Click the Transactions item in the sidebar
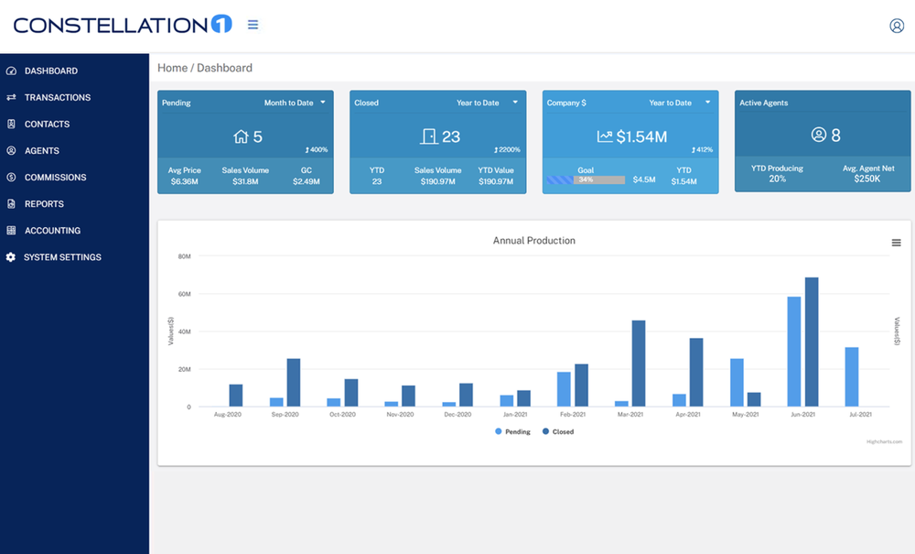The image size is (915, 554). (57, 97)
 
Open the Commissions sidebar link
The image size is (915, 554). (55, 177)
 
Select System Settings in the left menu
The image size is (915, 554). (62, 257)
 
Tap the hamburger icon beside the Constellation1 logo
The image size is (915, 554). (253, 25)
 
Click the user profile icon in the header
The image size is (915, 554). (897, 26)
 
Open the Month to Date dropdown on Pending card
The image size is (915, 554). (295, 103)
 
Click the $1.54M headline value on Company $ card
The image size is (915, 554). (641, 136)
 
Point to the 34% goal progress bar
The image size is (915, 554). (586, 179)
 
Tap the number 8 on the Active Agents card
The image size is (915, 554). (835, 136)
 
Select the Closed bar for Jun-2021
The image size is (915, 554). (812, 342)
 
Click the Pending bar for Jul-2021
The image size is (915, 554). (852, 376)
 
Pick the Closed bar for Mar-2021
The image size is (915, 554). (639, 363)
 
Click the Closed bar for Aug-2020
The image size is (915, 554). (236, 395)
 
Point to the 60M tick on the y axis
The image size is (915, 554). (184, 294)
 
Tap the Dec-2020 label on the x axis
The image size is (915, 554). (457, 415)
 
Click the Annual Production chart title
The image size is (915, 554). (534, 241)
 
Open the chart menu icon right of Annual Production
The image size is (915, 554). (897, 243)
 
